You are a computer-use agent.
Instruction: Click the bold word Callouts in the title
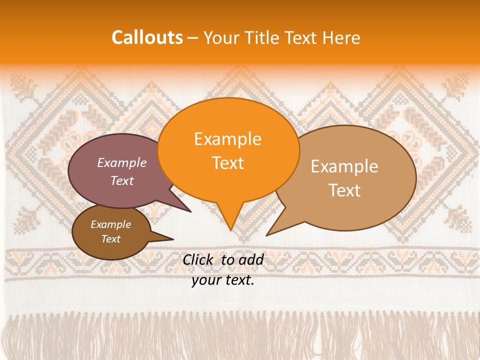147,37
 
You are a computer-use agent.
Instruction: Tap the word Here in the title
341,37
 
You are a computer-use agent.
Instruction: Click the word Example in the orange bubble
228,139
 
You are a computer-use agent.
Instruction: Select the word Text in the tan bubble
344,190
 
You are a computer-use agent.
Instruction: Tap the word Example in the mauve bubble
122,162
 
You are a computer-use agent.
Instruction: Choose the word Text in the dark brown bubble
111,239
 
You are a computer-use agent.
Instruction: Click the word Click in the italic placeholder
198,259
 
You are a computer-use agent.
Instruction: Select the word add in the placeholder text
250,259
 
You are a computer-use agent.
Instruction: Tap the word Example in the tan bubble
344,166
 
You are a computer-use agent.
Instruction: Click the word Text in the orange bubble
228,163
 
